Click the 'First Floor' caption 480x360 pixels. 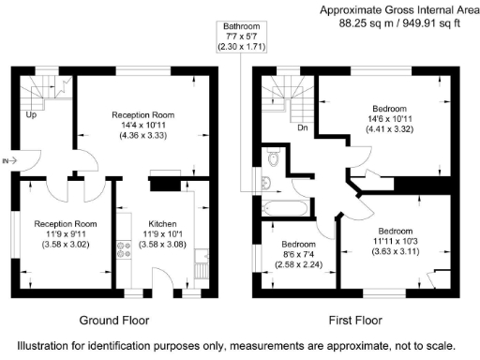(x=354, y=317)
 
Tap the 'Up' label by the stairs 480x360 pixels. (x=32, y=115)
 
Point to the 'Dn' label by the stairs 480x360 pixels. (x=302, y=127)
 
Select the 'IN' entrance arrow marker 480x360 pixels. (x=10, y=161)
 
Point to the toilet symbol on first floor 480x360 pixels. (x=272, y=160)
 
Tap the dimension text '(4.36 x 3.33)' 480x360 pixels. (x=148, y=137)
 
